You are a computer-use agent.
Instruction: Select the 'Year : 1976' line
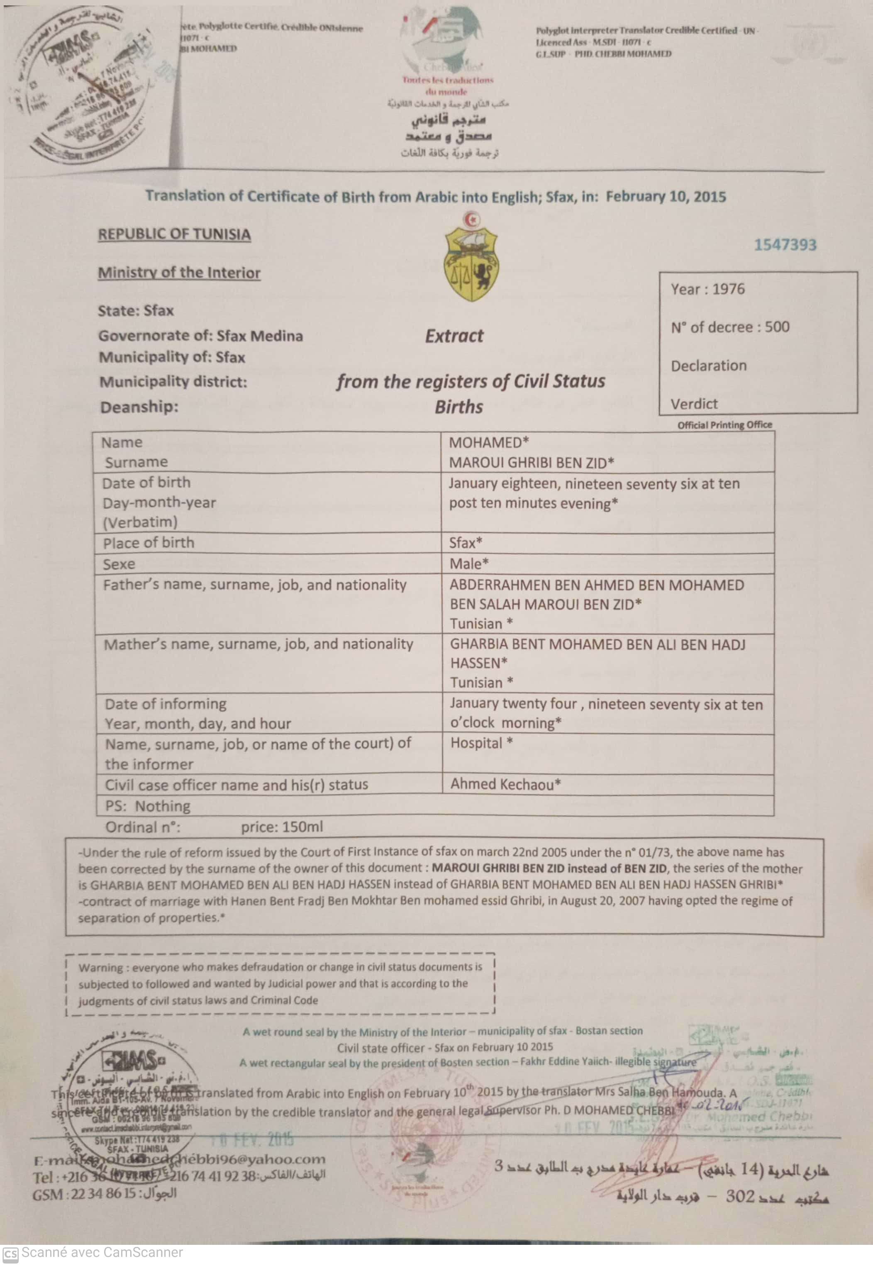(707, 289)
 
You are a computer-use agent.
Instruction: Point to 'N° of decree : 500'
(730, 327)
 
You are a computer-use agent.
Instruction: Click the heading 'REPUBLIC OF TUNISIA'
(174, 234)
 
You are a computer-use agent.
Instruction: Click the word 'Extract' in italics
(454, 335)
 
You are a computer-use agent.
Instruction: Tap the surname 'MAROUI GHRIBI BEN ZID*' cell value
(531, 463)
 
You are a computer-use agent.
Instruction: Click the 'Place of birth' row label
(148, 542)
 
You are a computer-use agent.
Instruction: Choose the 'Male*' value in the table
(469, 563)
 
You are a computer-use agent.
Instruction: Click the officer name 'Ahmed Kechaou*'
(505, 784)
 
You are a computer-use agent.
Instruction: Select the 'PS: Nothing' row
(148, 805)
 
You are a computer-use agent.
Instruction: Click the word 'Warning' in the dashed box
(101, 967)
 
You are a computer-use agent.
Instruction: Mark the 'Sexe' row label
(119, 564)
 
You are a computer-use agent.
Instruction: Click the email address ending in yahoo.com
(180, 1159)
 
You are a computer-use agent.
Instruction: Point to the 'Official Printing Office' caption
(724, 425)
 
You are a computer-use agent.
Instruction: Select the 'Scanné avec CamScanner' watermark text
(102, 1252)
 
